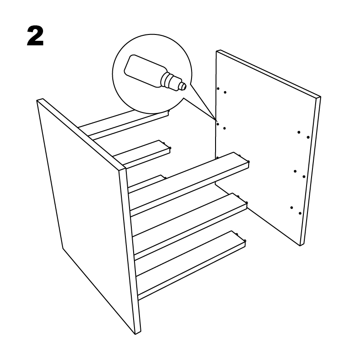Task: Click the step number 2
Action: point(35,36)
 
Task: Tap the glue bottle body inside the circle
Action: point(144,71)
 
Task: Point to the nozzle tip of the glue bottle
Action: point(183,86)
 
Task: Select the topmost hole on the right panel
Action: point(218,88)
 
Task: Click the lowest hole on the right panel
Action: point(300,214)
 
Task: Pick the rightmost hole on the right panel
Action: point(308,137)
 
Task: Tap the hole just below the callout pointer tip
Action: point(218,124)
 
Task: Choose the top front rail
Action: point(189,185)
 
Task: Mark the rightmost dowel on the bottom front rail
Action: point(245,241)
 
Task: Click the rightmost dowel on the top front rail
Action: point(249,162)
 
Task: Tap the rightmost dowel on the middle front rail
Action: point(247,203)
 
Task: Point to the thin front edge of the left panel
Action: point(130,251)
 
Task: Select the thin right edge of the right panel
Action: point(310,171)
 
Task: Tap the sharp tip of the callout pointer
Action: point(216,120)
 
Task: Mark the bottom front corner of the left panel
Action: point(135,334)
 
